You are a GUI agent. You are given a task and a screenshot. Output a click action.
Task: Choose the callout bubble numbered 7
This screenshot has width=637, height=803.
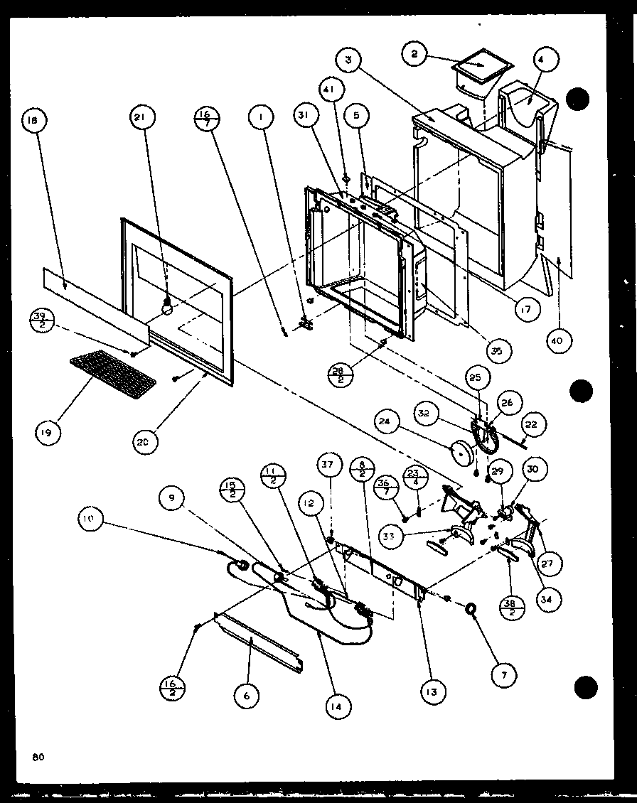[503, 674]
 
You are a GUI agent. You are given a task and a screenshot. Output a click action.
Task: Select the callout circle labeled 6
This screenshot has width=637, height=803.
[247, 696]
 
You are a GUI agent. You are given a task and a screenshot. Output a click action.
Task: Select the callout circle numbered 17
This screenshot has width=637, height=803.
[528, 309]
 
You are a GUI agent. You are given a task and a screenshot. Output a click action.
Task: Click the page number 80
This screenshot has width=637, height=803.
[38, 758]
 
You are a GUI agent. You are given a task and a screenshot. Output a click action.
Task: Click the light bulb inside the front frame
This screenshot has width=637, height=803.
[168, 306]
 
